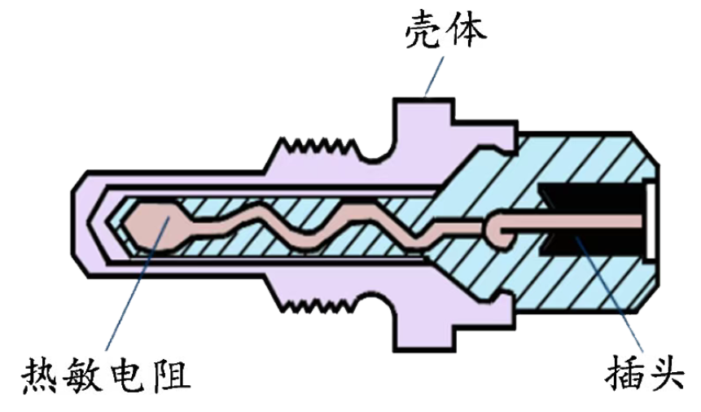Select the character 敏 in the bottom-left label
85,376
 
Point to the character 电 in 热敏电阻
129,376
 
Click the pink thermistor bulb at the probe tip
151,224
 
